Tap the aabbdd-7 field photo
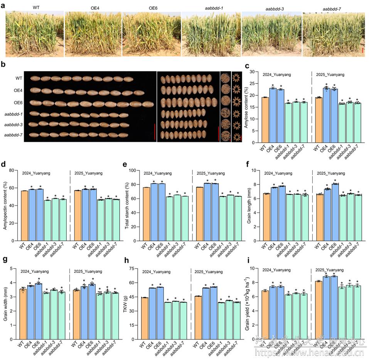coord(333,35)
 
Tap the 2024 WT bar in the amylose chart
coord(265,120)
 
